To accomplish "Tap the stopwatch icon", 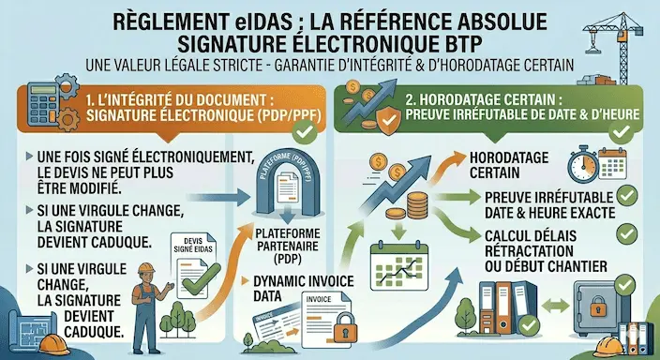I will [x=584, y=162].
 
